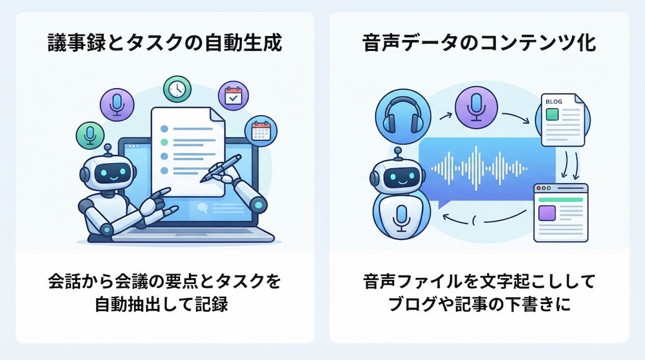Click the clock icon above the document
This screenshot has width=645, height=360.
[177, 89]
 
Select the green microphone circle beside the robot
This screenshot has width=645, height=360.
[90, 135]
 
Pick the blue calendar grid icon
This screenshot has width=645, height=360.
[261, 131]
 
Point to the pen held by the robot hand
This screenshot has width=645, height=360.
[221, 168]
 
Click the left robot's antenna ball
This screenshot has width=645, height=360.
[108, 148]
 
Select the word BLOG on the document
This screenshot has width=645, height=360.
[553, 101]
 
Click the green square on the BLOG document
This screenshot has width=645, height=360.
[552, 114]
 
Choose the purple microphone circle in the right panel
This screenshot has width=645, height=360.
[476, 107]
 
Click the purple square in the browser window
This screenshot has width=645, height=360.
[547, 213]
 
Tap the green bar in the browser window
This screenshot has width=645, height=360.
[561, 199]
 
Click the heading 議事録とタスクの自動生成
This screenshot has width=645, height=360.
[164, 43]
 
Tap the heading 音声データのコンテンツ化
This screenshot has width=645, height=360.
[479, 43]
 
